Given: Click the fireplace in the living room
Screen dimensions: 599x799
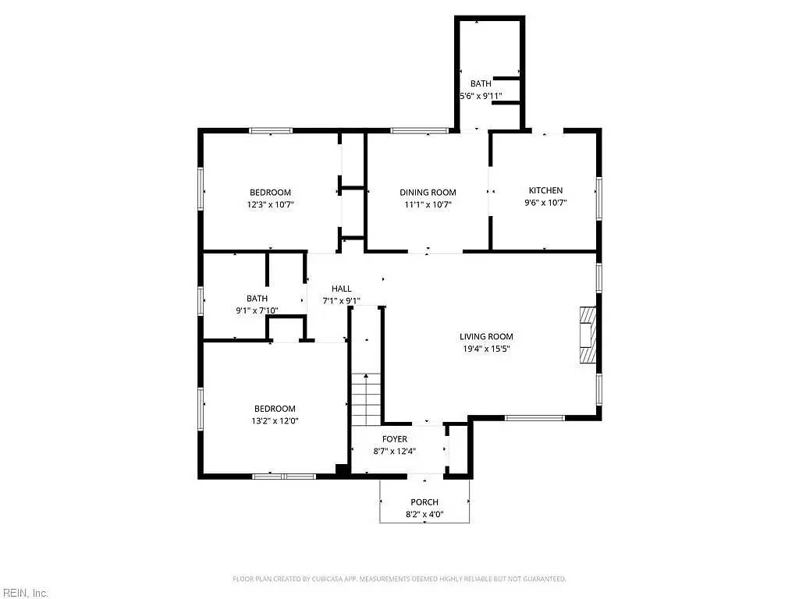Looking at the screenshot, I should point(587,336).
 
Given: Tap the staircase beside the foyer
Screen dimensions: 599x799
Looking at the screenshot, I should point(365,399).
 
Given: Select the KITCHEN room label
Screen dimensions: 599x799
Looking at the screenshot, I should point(545,190).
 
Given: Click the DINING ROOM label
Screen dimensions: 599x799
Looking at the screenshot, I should point(428,193).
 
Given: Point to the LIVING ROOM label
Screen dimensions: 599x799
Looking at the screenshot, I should point(486,337).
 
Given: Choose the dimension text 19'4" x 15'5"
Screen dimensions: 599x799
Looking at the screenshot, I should point(486,349).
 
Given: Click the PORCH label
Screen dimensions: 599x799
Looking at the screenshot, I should point(424,502).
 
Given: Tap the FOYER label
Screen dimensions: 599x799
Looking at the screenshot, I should point(394,439).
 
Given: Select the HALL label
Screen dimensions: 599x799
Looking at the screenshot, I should point(341,289).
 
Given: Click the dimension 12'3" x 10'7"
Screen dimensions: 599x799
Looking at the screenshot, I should point(271,204).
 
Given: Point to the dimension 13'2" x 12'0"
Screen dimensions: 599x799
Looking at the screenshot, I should point(275,420).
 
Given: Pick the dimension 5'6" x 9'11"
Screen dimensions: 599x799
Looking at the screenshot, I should point(480,96).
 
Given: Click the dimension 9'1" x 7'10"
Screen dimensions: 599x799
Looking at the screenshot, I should point(257,310).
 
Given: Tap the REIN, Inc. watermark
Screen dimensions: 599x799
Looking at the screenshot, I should point(25,593).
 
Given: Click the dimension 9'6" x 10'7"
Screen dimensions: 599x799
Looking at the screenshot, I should point(545,203).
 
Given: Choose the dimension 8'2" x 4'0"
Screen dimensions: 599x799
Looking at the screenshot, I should point(424,514).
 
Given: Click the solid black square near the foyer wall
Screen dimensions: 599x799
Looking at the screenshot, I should point(341,470).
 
